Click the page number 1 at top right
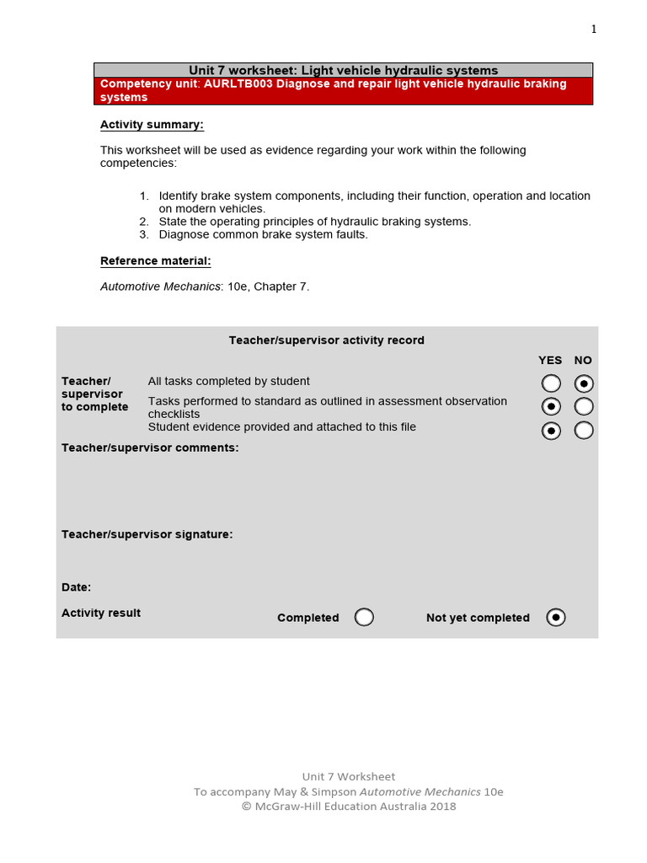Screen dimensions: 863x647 pyautogui.click(x=594, y=29)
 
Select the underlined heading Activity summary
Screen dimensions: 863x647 pyautogui.click(x=152, y=125)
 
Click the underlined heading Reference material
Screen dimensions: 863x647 pyautogui.click(x=155, y=261)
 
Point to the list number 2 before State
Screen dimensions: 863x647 pyautogui.click(x=143, y=222)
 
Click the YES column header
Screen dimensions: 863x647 pyautogui.click(x=550, y=361)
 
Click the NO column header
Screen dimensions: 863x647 pyautogui.click(x=583, y=361)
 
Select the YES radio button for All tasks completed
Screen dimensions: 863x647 pyautogui.click(x=551, y=383)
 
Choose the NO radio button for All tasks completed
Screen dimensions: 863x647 pyautogui.click(x=584, y=383)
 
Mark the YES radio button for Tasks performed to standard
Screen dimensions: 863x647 pyautogui.click(x=551, y=407)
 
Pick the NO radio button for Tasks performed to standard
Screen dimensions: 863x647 pyautogui.click(x=584, y=407)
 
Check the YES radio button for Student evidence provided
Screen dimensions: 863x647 pyautogui.click(x=551, y=431)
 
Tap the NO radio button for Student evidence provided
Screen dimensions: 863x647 pyautogui.click(x=584, y=431)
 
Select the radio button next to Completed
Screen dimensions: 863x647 pyautogui.click(x=364, y=618)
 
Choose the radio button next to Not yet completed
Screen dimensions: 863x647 pyautogui.click(x=556, y=618)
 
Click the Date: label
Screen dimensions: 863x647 pyautogui.click(x=77, y=587)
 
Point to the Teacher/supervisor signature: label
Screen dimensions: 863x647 pyautogui.click(x=147, y=534)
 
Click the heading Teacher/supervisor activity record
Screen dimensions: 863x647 pyautogui.click(x=327, y=340)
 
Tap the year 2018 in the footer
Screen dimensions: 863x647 pyautogui.click(x=441, y=807)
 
